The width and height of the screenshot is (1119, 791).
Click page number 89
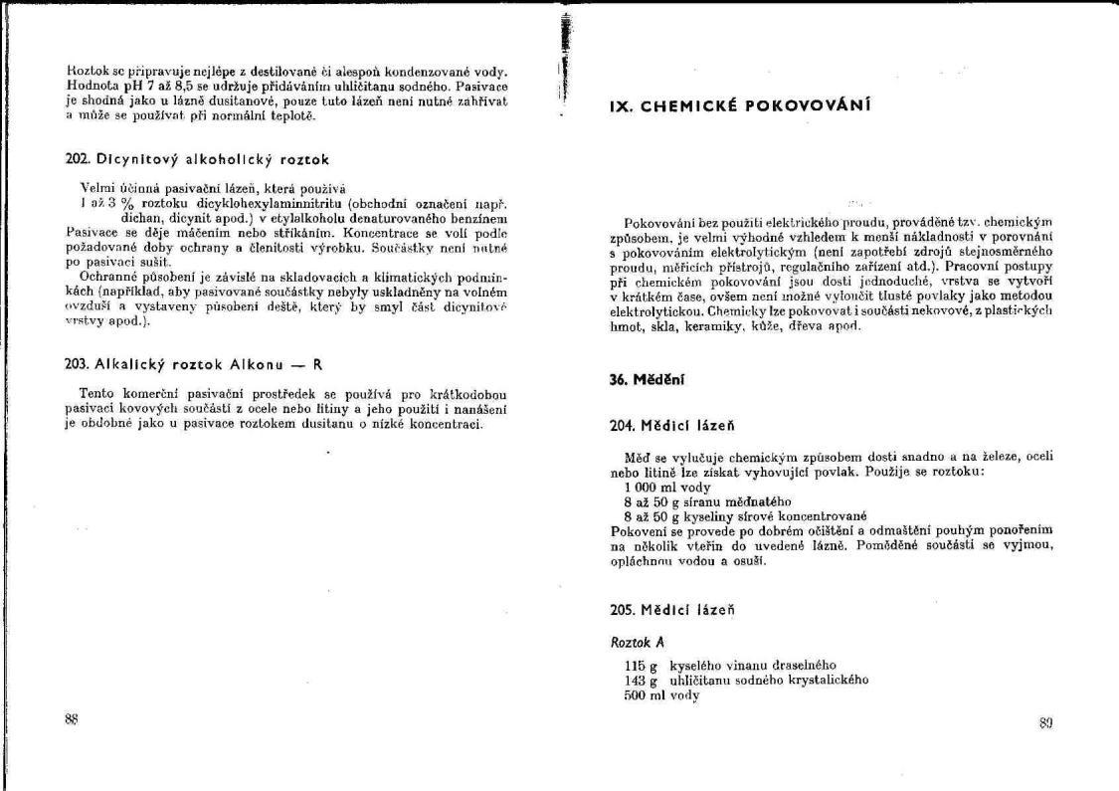tap(1045, 723)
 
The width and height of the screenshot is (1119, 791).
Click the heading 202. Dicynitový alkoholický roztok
tap(195, 158)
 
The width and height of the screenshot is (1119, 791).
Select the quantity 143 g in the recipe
tap(632, 681)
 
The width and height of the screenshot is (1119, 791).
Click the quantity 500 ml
tap(637, 695)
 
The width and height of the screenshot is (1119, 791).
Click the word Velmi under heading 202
tap(95, 187)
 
